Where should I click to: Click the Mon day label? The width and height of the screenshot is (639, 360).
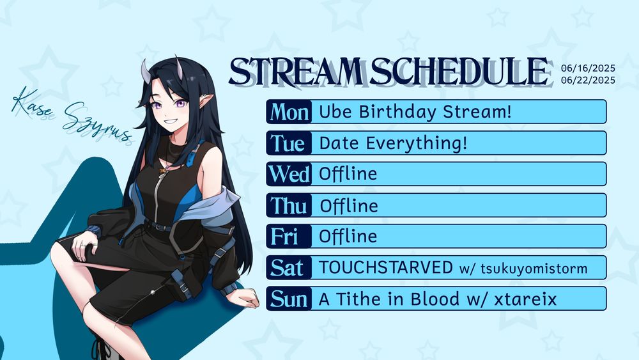(x=289, y=112)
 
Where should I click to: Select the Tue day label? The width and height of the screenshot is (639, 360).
(x=288, y=143)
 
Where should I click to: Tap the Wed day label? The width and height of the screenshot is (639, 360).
(x=289, y=174)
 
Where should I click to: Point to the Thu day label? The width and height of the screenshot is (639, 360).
(x=289, y=205)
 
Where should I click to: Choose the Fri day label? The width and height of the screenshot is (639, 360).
(x=284, y=237)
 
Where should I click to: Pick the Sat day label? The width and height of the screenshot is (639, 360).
(x=287, y=268)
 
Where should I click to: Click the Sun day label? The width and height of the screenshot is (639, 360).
(x=289, y=299)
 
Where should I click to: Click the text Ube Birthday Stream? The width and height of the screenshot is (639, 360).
(x=415, y=111)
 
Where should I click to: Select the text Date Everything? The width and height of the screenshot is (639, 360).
(x=393, y=143)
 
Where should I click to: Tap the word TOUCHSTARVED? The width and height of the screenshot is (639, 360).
(x=385, y=267)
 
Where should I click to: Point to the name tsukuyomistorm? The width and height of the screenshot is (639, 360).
(x=534, y=269)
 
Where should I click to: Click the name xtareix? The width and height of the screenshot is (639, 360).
(x=525, y=299)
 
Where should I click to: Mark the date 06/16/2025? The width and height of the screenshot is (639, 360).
(x=588, y=68)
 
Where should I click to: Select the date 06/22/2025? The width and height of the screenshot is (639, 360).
(x=588, y=80)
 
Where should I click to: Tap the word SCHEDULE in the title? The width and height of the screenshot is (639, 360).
(x=458, y=72)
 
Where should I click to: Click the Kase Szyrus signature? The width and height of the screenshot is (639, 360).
(x=72, y=115)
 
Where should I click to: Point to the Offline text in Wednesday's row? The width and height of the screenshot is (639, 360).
(x=348, y=174)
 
